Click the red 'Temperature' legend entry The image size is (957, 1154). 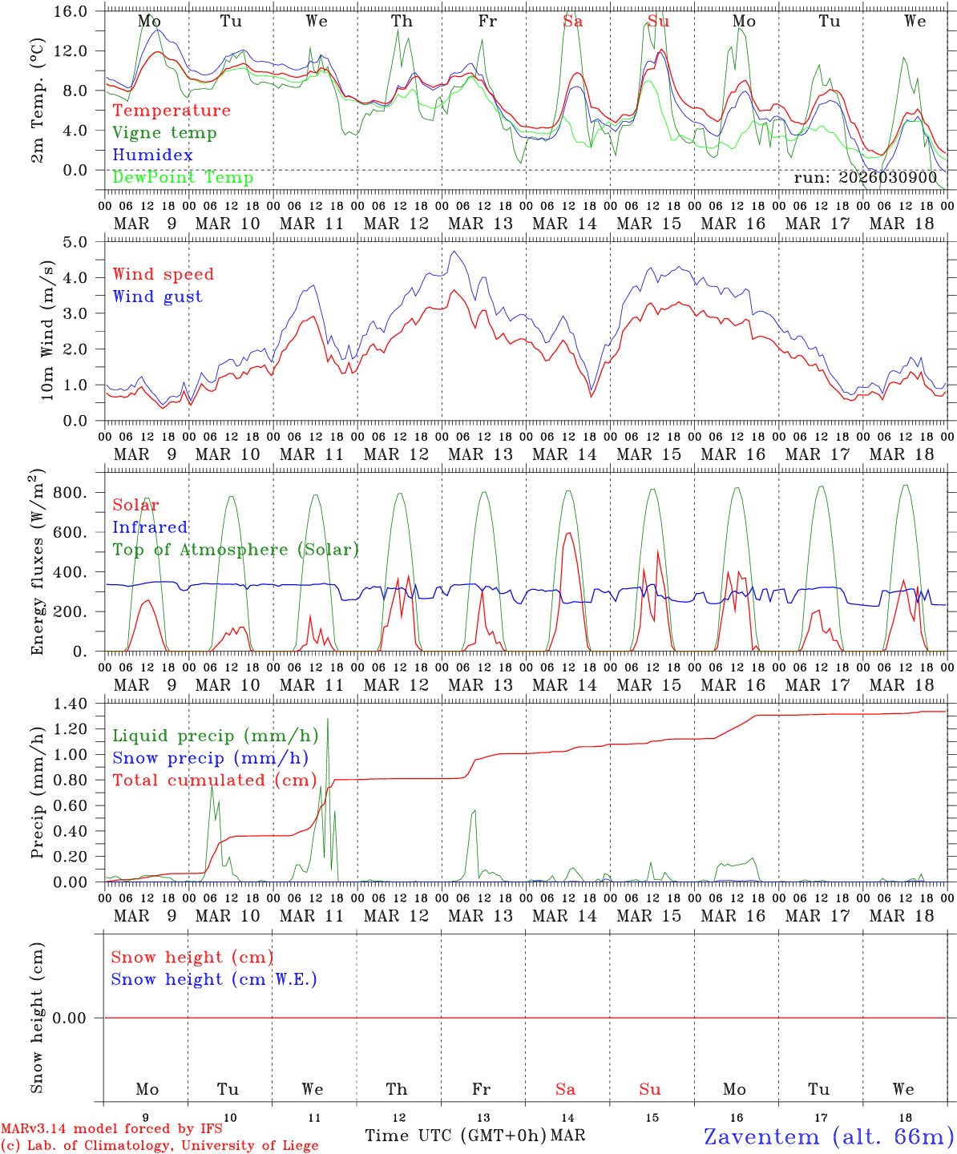tap(172, 111)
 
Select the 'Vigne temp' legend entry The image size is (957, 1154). tap(164, 133)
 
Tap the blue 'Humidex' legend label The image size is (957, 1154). tap(152, 155)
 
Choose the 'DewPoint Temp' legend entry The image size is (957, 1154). tap(183, 177)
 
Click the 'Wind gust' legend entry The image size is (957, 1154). tap(157, 297)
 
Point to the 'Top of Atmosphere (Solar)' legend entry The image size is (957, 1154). tap(236, 550)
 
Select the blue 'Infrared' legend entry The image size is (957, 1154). tap(150, 527)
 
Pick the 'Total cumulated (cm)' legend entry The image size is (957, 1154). tap(215, 780)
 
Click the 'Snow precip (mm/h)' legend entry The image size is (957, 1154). tap(211, 758)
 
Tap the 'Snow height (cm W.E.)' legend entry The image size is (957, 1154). tap(214, 979)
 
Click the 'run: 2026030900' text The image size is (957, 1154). tap(866, 177)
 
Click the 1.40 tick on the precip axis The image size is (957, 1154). tap(70, 704)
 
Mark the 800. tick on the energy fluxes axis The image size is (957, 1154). tap(71, 493)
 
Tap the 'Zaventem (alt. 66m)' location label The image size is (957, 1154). tap(829, 1136)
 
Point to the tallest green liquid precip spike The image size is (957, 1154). tap(328, 720)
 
